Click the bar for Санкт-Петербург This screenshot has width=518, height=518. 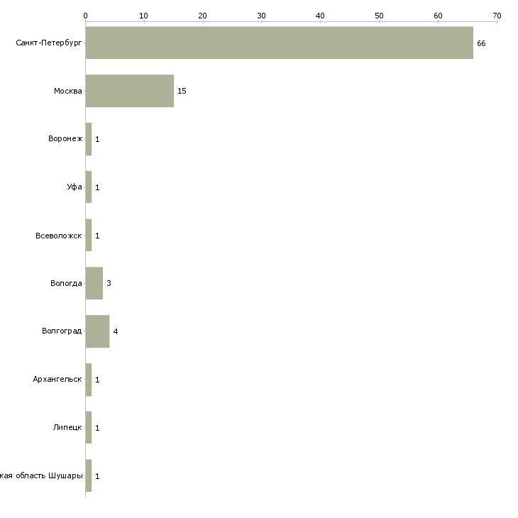point(279,43)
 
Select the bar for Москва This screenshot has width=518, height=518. point(129,91)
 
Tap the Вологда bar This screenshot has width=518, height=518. point(94,283)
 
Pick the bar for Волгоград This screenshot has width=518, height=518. point(97,331)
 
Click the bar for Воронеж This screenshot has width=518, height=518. point(89,139)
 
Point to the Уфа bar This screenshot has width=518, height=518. point(89,187)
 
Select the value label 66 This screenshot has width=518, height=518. point(481,43)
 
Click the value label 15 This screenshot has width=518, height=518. point(182,92)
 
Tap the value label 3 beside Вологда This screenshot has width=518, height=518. point(109,283)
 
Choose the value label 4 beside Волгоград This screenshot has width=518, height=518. point(115,331)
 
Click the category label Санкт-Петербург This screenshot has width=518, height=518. point(49,43)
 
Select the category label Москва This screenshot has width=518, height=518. point(68,92)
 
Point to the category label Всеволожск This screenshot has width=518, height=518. point(59,236)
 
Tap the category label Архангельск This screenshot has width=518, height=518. point(57,380)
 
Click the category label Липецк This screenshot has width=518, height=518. point(67,428)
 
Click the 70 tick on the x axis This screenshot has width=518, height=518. point(497,16)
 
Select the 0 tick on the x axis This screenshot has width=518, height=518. point(85,16)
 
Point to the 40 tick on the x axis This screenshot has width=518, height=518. point(320,16)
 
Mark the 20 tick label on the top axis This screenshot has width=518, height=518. point(203,16)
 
